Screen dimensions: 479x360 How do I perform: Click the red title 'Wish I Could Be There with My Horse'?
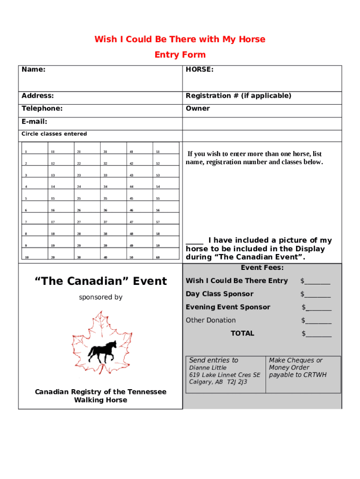pyautogui.click(x=180, y=39)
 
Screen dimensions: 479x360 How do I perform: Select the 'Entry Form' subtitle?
pyautogui.click(x=180, y=55)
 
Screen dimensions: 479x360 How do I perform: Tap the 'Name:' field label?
pyautogui.click(x=34, y=70)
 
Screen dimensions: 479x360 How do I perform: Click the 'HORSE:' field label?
pyautogui.click(x=200, y=70)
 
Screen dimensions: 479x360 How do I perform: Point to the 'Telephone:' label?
pyautogui.click(x=42, y=109)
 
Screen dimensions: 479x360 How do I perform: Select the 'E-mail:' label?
pyautogui.click(x=35, y=122)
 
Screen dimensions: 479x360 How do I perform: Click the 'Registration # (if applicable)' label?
pyautogui.click(x=238, y=96)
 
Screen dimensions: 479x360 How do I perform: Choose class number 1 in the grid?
pyautogui.click(x=26, y=152)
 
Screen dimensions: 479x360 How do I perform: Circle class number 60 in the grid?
pyautogui.click(x=158, y=257)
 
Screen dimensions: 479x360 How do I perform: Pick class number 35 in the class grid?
pyautogui.click(x=105, y=199)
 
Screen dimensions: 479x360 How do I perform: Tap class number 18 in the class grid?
pyautogui.click(x=53, y=234)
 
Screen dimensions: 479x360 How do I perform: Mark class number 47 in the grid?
pyautogui.click(x=131, y=222)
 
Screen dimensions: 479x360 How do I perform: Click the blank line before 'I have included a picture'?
pyautogui.click(x=194, y=241)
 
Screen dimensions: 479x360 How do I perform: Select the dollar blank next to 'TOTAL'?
pyautogui.click(x=318, y=334)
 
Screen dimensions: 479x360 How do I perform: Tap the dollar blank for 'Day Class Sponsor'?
pyautogui.click(x=317, y=294)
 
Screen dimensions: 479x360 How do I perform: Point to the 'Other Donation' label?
pyautogui.click(x=211, y=320)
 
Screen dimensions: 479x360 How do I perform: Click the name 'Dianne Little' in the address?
pyautogui.click(x=208, y=368)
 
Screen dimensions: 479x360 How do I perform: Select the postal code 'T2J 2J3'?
pyautogui.click(x=237, y=382)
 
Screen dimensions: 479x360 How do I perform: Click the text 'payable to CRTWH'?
pyautogui.click(x=298, y=375)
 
